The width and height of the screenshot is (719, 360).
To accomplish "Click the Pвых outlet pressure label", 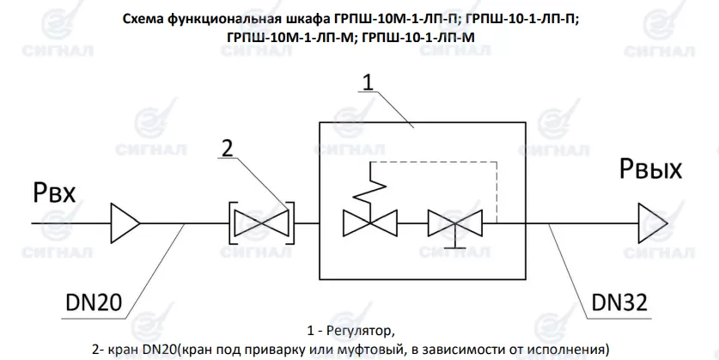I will tap(650, 173).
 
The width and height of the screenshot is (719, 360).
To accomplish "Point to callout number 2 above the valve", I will tap(227, 149).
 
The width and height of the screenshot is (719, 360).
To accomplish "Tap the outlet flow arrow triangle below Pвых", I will tap(650, 221).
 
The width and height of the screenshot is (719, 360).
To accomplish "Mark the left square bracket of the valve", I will tap(233, 222).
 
